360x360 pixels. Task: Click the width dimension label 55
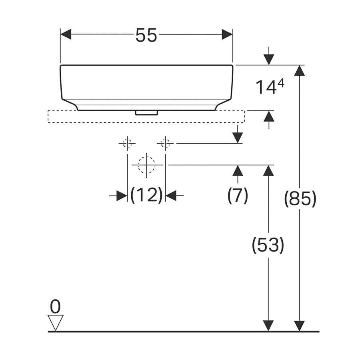point(146,35)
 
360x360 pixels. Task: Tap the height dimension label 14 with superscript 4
point(270,87)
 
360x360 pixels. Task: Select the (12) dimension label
point(146,195)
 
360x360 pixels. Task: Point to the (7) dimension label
point(238,195)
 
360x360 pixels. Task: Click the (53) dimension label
point(268,245)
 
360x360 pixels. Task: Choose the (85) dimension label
point(300,198)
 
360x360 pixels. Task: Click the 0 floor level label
point(55,306)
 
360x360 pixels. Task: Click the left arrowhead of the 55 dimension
point(66,34)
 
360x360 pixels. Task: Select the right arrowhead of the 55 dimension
point(227,34)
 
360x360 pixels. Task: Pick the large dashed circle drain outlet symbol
point(146,165)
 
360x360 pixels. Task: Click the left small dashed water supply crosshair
point(127,144)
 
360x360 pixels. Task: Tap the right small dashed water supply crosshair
point(165,144)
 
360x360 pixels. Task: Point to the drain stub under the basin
point(146,113)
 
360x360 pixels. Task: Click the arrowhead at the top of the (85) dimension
point(299,70)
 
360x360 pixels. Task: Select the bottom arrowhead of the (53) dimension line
point(268,326)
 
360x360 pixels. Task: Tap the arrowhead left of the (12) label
point(122,196)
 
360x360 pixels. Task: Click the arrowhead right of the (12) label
point(171,196)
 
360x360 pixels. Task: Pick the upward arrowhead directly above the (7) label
point(238,170)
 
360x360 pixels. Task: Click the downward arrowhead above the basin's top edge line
point(269,60)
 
